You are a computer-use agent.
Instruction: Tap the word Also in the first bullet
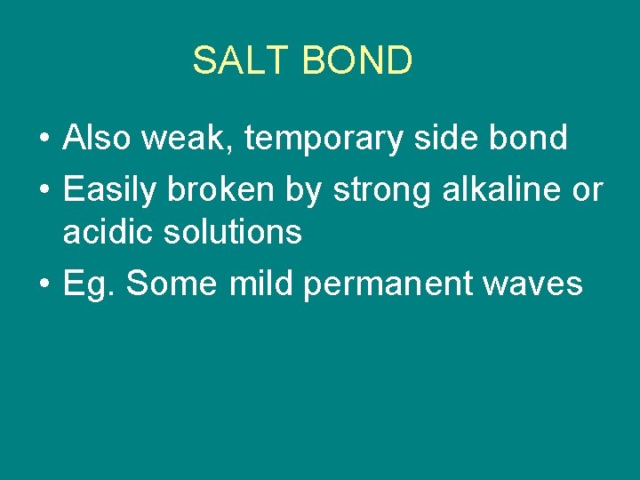(94, 139)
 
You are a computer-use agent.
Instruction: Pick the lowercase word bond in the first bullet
(536, 139)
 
